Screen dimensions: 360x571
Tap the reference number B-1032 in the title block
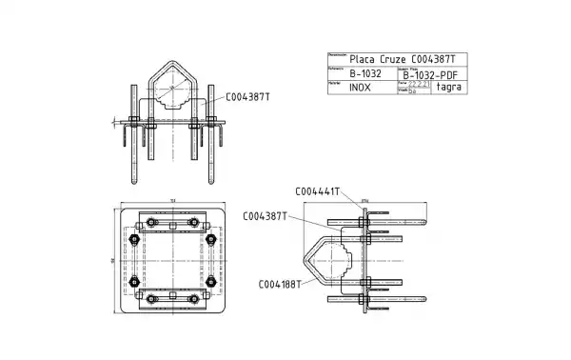click(x=364, y=72)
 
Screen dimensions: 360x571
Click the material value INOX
click(x=360, y=87)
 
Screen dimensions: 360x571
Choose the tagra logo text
click(x=449, y=87)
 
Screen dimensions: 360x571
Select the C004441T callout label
click(x=318, y=191)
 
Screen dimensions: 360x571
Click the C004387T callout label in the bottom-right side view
click(x=266, y=216)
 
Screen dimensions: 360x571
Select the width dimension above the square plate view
click(x=172, y=200)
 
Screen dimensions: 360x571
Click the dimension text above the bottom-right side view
click(x=364, y=200)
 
